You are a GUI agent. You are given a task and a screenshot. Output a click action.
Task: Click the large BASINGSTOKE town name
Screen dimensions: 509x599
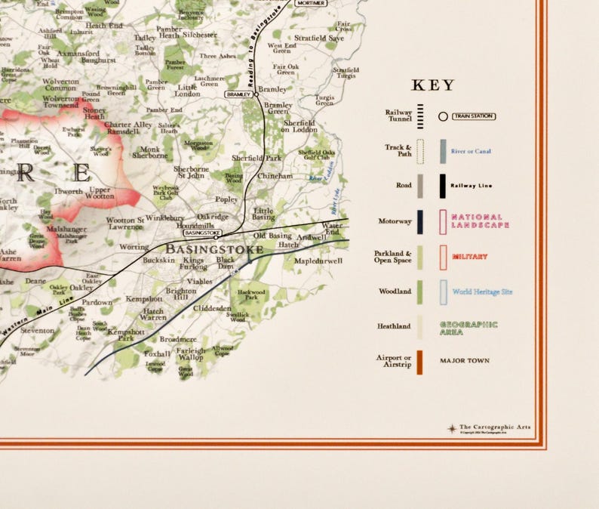(x=214, y=248)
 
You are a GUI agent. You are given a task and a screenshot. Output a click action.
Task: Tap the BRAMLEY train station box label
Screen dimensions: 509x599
(x=238, y=94)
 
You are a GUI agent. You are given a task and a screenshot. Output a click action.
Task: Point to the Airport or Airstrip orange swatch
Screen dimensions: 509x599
(x=419, y=362)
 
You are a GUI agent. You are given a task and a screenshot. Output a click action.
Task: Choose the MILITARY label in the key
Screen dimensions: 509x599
(x=470, y=257)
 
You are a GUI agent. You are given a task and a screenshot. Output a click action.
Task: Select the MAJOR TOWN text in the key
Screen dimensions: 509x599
(x=464, y=361)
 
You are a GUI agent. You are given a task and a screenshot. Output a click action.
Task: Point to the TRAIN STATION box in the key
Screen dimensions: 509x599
(x=473, y=116)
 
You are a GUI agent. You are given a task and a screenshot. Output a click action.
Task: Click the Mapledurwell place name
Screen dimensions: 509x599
(x=318, y=261)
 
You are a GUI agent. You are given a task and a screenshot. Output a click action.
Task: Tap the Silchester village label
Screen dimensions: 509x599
(x=199, y=35)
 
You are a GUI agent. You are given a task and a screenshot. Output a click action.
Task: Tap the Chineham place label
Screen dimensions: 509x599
(x=275, y=176)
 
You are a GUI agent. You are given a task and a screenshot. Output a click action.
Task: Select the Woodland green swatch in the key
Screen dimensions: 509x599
(x=419, y=291)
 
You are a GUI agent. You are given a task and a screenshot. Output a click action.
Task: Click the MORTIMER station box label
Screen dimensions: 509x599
(x=310, y=3)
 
